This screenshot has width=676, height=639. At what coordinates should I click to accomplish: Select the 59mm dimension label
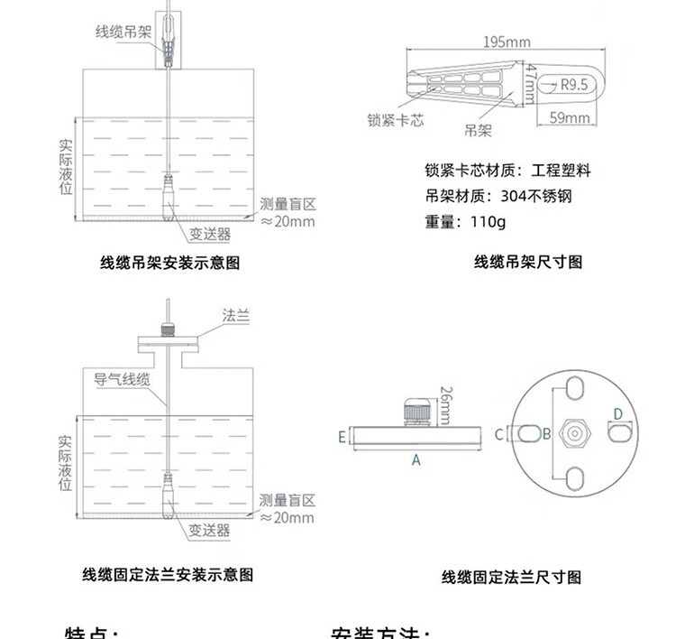click(569, 118)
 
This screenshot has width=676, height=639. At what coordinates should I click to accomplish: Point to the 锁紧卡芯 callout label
click(395, 119)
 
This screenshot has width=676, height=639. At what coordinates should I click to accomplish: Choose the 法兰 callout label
click(235, 316)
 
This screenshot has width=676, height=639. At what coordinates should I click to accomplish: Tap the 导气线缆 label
click(121, 379)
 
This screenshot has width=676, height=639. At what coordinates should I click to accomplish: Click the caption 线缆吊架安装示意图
click(169, 264)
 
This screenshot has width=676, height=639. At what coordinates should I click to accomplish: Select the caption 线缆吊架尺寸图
click(528, 263)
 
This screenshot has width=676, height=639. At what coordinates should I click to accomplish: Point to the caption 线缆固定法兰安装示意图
click(168, 574)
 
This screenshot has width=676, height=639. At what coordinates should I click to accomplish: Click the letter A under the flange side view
click(416, 459)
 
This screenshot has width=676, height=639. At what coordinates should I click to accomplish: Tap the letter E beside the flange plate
click(343, 437)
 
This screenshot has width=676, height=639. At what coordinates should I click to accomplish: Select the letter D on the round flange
click(617, 414)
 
